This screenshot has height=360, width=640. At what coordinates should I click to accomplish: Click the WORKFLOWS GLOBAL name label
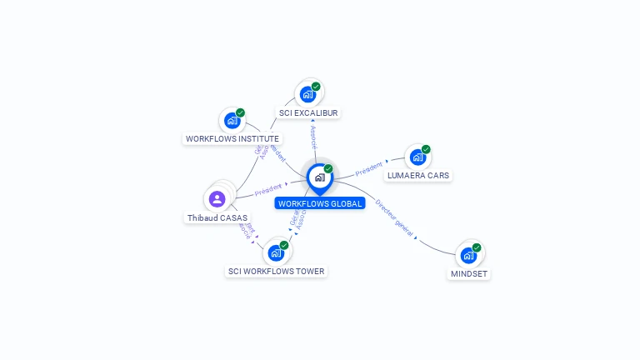coord(320,203)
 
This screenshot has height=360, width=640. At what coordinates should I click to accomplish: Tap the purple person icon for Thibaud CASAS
coord(217,198)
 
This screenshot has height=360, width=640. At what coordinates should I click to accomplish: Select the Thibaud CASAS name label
coord(217,218)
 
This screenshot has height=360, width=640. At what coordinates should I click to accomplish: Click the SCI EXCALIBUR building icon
coord(307,94)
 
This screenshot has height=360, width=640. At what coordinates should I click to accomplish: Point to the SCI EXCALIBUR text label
coord(309,112)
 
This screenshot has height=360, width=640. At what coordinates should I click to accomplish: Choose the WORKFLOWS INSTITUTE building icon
coord(232,121)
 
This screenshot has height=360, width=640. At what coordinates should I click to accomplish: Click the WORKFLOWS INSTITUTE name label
coord(232,139)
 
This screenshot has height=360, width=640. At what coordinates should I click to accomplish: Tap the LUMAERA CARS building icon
coord(417,157)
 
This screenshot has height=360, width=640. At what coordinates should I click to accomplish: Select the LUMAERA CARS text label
coord(418,176)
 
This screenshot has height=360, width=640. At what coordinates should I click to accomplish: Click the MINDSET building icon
coord(468,255)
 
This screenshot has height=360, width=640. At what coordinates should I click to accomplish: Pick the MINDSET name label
coord(469,273)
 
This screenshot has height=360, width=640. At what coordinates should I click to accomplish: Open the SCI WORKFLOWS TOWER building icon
coord(276,252)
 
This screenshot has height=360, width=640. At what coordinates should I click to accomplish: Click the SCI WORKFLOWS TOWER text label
coord(277,271)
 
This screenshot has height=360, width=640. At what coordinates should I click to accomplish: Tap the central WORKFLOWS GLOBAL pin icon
coord(319,177)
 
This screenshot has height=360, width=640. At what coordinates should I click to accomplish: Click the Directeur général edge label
coord(394,217)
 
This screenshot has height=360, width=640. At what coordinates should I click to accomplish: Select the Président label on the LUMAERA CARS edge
coord(369,168)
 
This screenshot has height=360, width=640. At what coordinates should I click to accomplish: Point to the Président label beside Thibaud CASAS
coord(268,189)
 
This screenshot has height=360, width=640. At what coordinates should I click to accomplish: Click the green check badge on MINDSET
coord(477,247)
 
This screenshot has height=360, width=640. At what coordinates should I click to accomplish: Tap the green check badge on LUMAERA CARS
coord(426,150)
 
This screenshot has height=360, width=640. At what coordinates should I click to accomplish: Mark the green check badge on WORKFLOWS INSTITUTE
coord(240,112)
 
